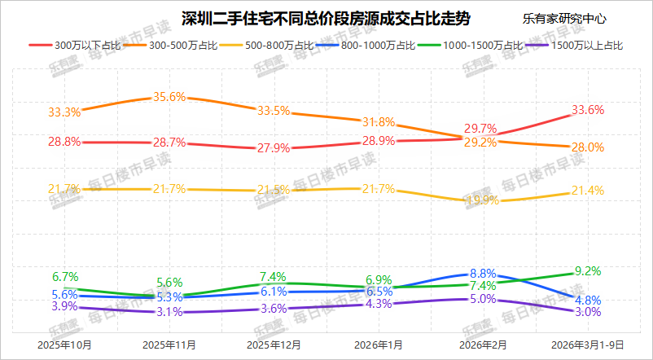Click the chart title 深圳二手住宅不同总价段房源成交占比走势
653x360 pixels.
tap(326, 19)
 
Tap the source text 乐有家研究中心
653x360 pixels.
tap(564, 19)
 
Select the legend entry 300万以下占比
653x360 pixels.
tap(75, 46)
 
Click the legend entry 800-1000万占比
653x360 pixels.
tap(366, 46)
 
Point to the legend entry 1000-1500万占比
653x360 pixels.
tap(471, 46)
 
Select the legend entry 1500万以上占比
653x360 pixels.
tap(575, 46)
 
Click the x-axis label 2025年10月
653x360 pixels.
tap(64, 345)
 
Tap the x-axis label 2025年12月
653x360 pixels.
tap(274, 345)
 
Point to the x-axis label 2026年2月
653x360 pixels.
tap(483, 345)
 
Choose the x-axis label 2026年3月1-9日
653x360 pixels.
tap(588, 345)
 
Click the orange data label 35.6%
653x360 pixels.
tap(169, 97)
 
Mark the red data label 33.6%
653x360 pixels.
tap(588, 110)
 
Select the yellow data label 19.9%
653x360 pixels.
tap(483, 200)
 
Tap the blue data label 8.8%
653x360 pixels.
tap(483, 274)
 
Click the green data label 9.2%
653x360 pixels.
tap(588, 271)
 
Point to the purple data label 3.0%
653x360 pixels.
tap(588, 312)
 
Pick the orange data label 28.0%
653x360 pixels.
tap(588, 147)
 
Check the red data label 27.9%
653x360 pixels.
tap(274, 148)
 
